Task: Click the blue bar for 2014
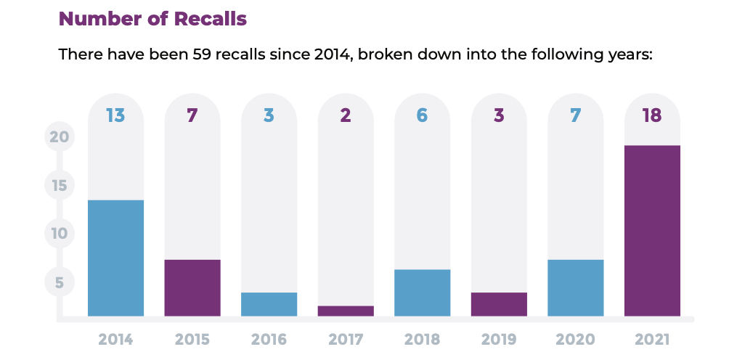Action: click(115, 258)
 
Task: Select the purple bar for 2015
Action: click(192, 287)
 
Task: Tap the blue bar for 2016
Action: click(269, 304)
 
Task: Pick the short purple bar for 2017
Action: click(346, 311)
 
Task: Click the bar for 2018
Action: click(423, 292)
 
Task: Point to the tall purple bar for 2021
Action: click(652, 231)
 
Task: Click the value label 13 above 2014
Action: click(115, 115)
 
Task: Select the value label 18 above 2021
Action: click(652, 115)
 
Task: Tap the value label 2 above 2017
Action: click(346, 115)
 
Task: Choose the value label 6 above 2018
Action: click(423, 115)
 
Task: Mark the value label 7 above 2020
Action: click(576, 115)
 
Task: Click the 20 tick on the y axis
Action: click(60, 136)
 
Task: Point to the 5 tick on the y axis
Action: click(60, 282)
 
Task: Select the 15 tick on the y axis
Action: click(60, 185)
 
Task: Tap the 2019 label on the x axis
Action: click(499, 339)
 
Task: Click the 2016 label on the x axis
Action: click(269, 339)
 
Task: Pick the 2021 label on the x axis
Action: click(652, 339)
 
